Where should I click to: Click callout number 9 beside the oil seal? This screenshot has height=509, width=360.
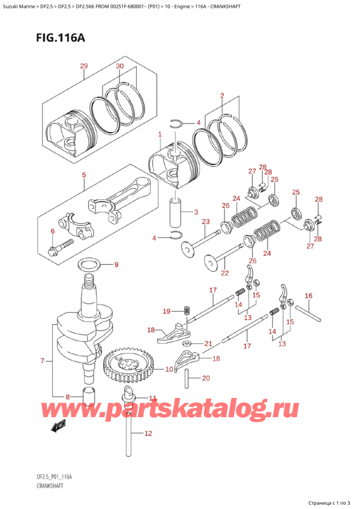[116, 265]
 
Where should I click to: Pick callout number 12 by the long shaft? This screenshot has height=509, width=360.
[148, 433]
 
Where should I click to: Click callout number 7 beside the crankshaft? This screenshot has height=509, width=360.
[42, 361]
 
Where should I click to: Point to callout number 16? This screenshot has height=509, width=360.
[308, 295]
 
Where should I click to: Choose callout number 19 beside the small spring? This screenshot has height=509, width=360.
[166, 310]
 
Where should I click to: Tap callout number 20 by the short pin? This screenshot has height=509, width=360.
[206, 378]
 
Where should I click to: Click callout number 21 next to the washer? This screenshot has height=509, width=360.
[208, 343]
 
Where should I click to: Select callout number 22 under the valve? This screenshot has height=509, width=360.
[225, 273]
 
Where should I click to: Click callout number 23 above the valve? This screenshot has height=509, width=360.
[205, 222]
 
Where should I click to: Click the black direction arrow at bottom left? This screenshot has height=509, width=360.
[58, 428]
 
